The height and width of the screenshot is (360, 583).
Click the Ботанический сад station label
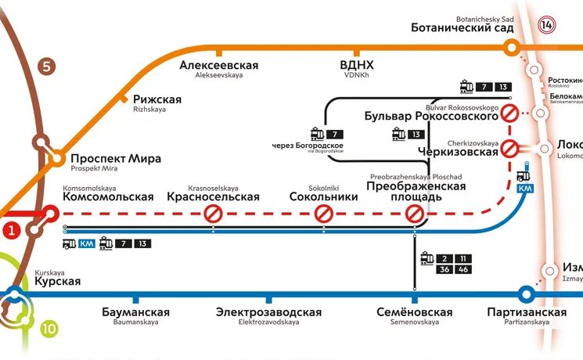[x=462, y=27]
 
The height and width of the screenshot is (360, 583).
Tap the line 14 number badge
[x=546, y=24]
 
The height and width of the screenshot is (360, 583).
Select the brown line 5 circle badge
[x=46, y=67]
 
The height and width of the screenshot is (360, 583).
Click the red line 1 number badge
[x=11, y=230]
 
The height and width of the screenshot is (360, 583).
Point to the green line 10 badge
[x=49, y=329]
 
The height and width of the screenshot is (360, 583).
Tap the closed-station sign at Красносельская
[x=212, y=213]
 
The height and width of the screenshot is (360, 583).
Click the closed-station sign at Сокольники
[x=323, y=213]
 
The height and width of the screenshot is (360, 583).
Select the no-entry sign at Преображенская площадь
[x=415, y=213]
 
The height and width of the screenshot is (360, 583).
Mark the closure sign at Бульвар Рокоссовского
[x=510, y=113]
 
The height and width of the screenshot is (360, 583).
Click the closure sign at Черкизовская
[x=510, y=147]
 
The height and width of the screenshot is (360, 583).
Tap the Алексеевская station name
[x=218, y=66]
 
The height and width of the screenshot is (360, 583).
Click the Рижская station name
[x=157, y=99]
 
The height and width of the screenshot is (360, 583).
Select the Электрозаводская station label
[x=268, y=312]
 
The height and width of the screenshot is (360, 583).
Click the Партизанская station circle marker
[x=527, y=295]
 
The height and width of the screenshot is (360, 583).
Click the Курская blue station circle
[x=13, y=295]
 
